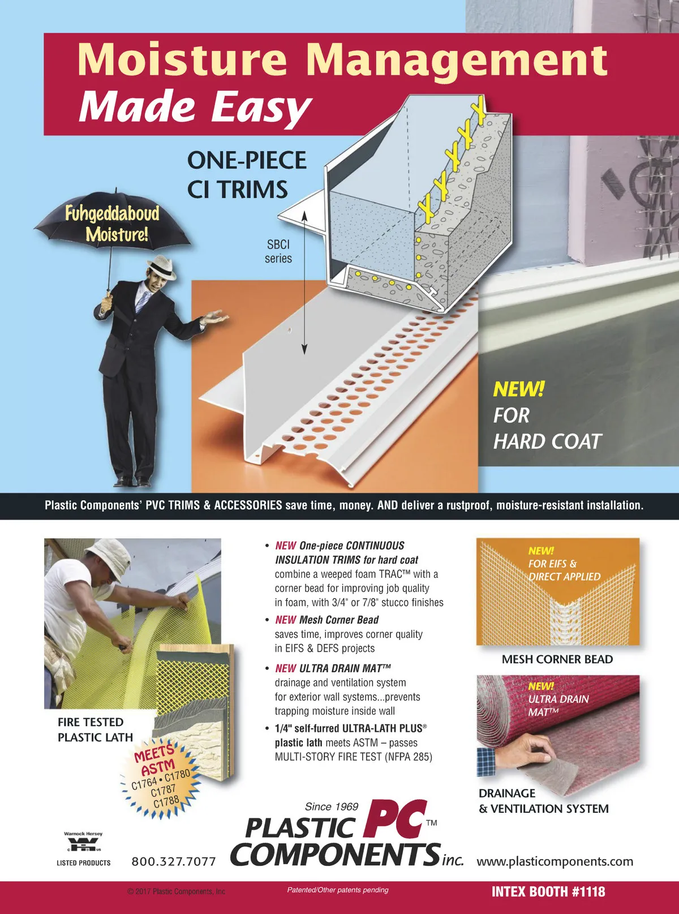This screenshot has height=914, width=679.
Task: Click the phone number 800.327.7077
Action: (x=174, y=861)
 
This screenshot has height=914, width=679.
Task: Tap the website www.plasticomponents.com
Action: (x=555, y=861)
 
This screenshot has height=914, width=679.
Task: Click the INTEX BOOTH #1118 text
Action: (x=548, y=892)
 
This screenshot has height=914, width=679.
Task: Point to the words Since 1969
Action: (x=332, y=806)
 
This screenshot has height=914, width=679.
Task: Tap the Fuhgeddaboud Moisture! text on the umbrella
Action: (x=112, y=224)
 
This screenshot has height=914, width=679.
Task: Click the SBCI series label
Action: (x=278, y=251)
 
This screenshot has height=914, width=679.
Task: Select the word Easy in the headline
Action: (x=262, y=107)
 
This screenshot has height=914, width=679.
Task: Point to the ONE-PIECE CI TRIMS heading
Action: (x=247, y=174)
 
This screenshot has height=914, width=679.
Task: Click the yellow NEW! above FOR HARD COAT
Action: (x=519, y=389)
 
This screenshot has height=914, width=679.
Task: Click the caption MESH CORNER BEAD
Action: (x=557, y=659)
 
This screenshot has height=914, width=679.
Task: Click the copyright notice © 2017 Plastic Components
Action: (x=177, y=891)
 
